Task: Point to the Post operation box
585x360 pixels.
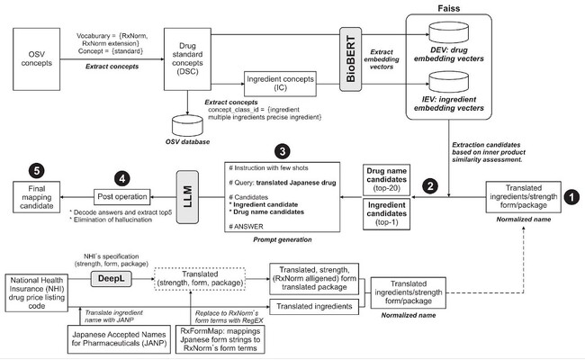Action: tap(121, 196)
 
